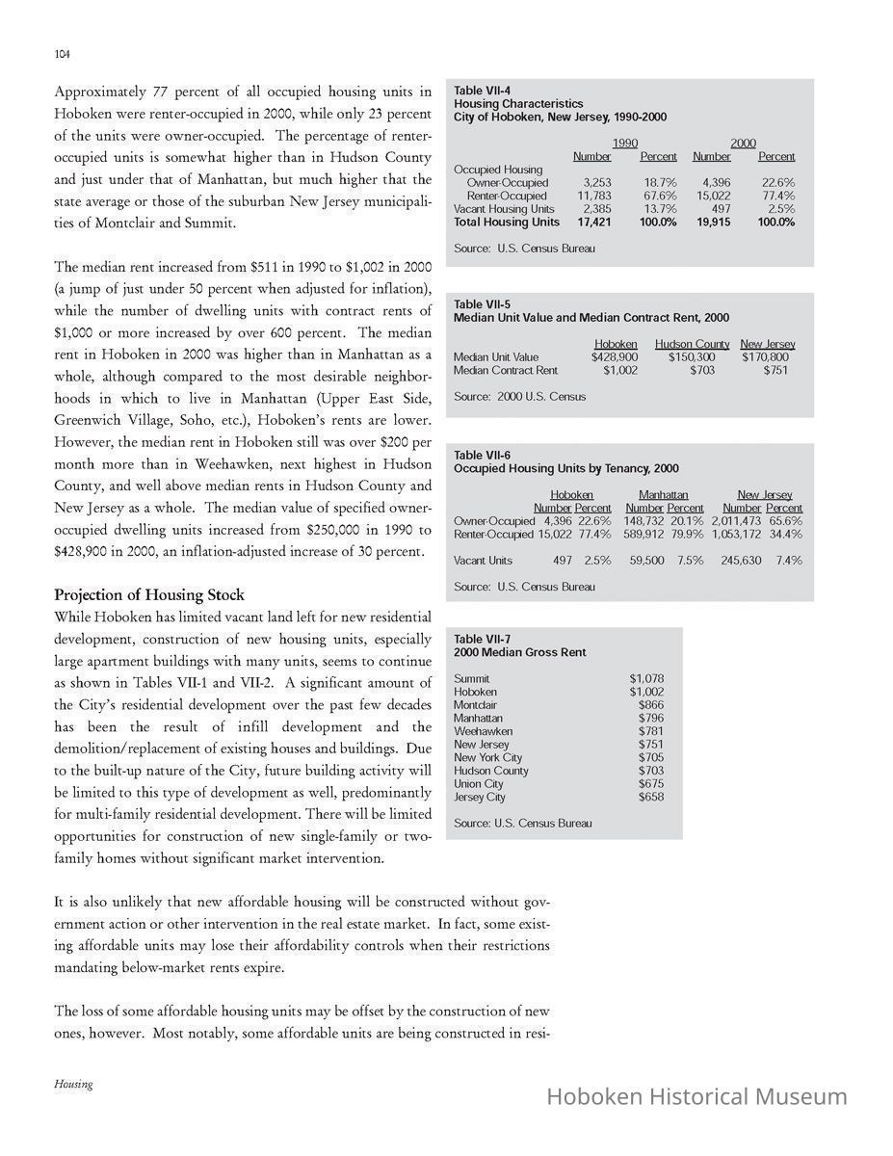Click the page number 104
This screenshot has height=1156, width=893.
[62, 54]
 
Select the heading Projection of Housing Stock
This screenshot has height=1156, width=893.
[149, 594]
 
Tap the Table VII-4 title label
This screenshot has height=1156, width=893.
[482, 91]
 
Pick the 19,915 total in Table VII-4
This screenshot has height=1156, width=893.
[713, 222]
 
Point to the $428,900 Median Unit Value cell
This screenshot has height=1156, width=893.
[615, 357]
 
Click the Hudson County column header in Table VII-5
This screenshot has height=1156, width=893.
[692, 344]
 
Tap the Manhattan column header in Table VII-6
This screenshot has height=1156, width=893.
[663, 495]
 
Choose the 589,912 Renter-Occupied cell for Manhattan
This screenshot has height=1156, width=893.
[644, 534]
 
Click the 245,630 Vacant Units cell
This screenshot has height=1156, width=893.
[740, 560]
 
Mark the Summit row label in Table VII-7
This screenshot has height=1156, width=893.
[471, 679]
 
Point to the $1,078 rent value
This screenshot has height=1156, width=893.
[645, 679]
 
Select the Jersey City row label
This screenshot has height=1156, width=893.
[479, 797]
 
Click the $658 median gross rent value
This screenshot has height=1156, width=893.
[650, 797]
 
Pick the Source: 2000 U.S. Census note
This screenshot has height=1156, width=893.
[519, 396]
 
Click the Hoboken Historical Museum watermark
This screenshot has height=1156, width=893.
[696, 1096]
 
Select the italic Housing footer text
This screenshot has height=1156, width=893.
[73, 1084]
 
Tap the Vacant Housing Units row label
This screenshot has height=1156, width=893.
[504, 209]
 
